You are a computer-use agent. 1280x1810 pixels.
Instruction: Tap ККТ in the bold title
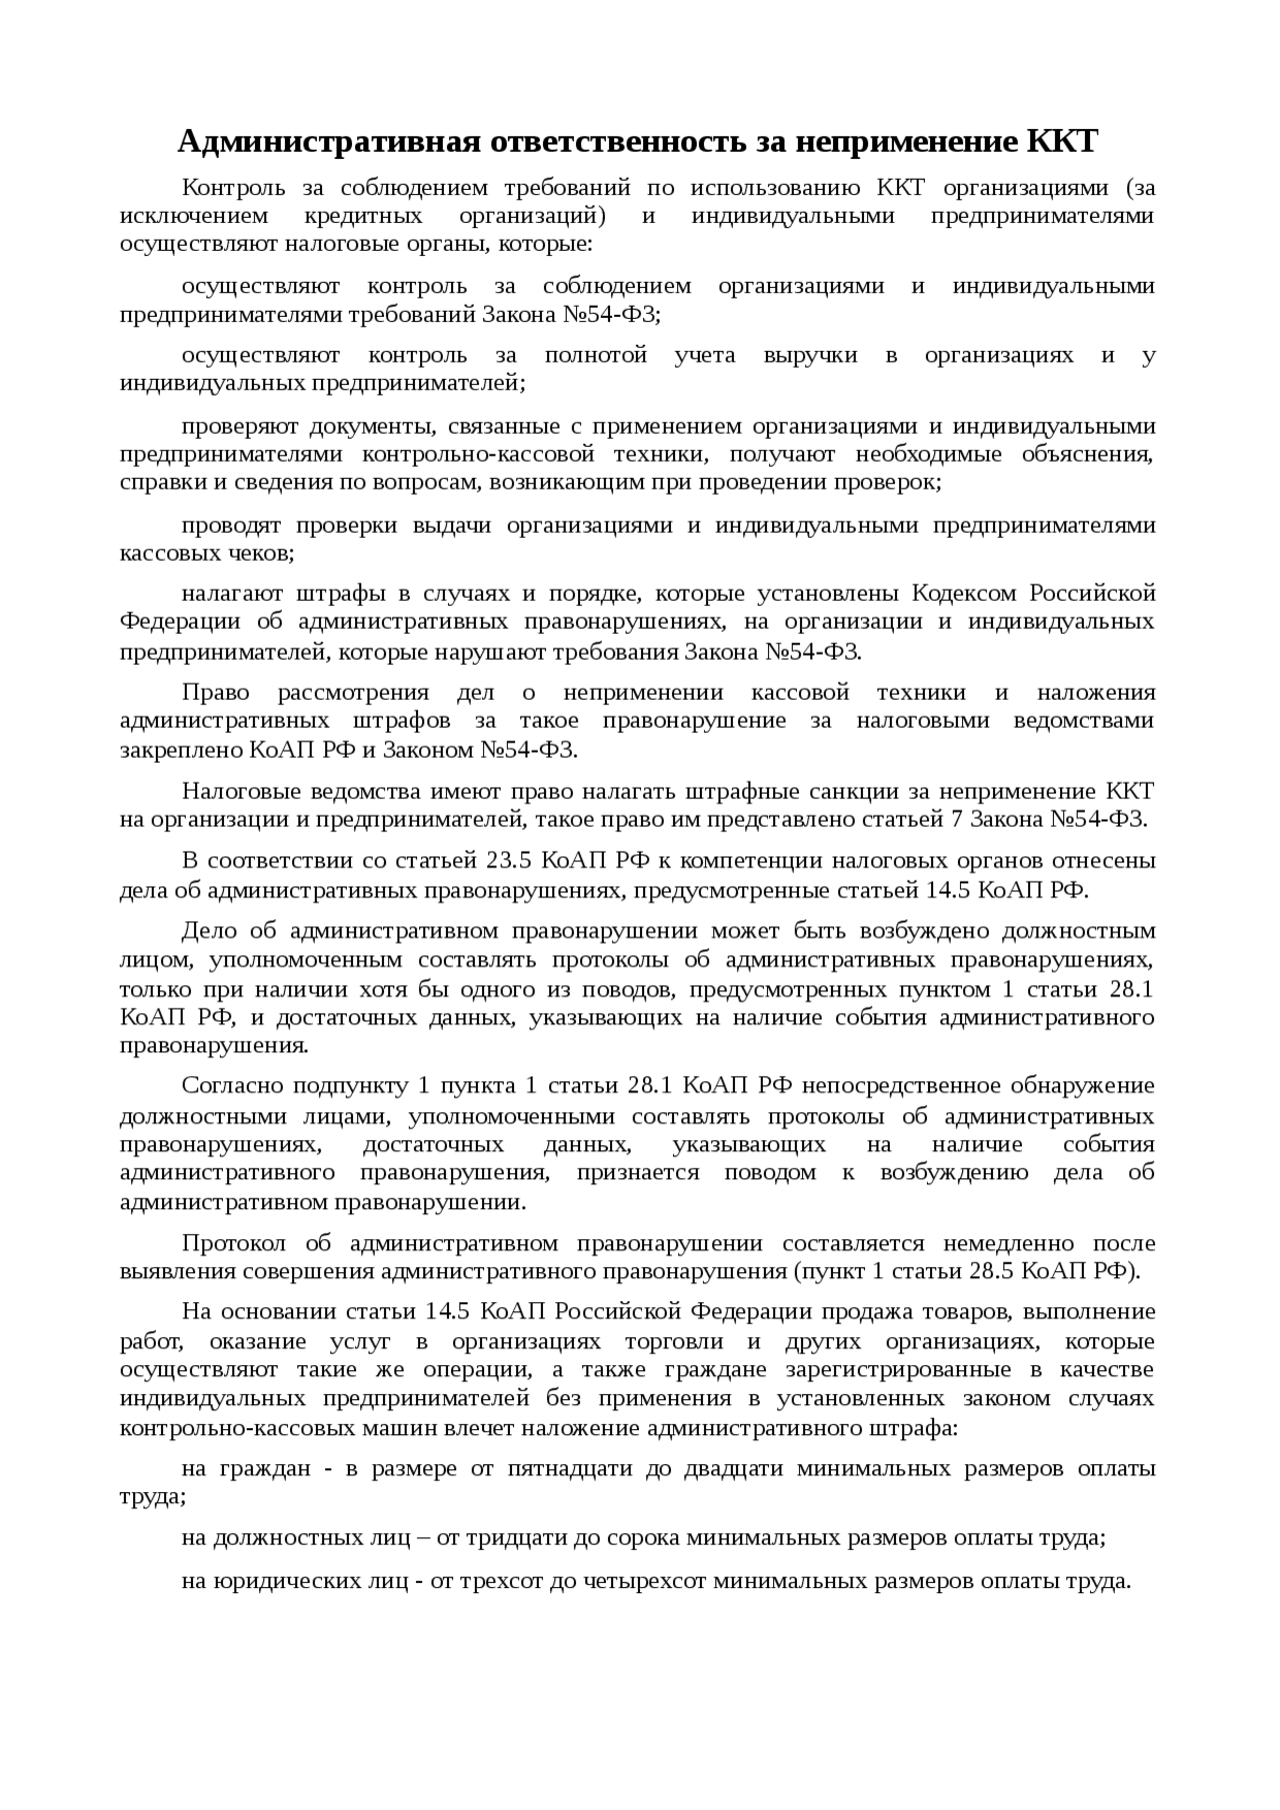pos(1062,143)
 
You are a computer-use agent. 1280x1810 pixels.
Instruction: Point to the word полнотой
pos(596,355)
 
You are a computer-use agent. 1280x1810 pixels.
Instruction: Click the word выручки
pos(810,355)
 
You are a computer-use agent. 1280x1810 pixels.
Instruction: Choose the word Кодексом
pos(960,593)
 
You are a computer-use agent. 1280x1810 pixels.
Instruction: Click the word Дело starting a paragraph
pos(209,930)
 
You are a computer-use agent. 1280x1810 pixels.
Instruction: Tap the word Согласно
pos(225,1085)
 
